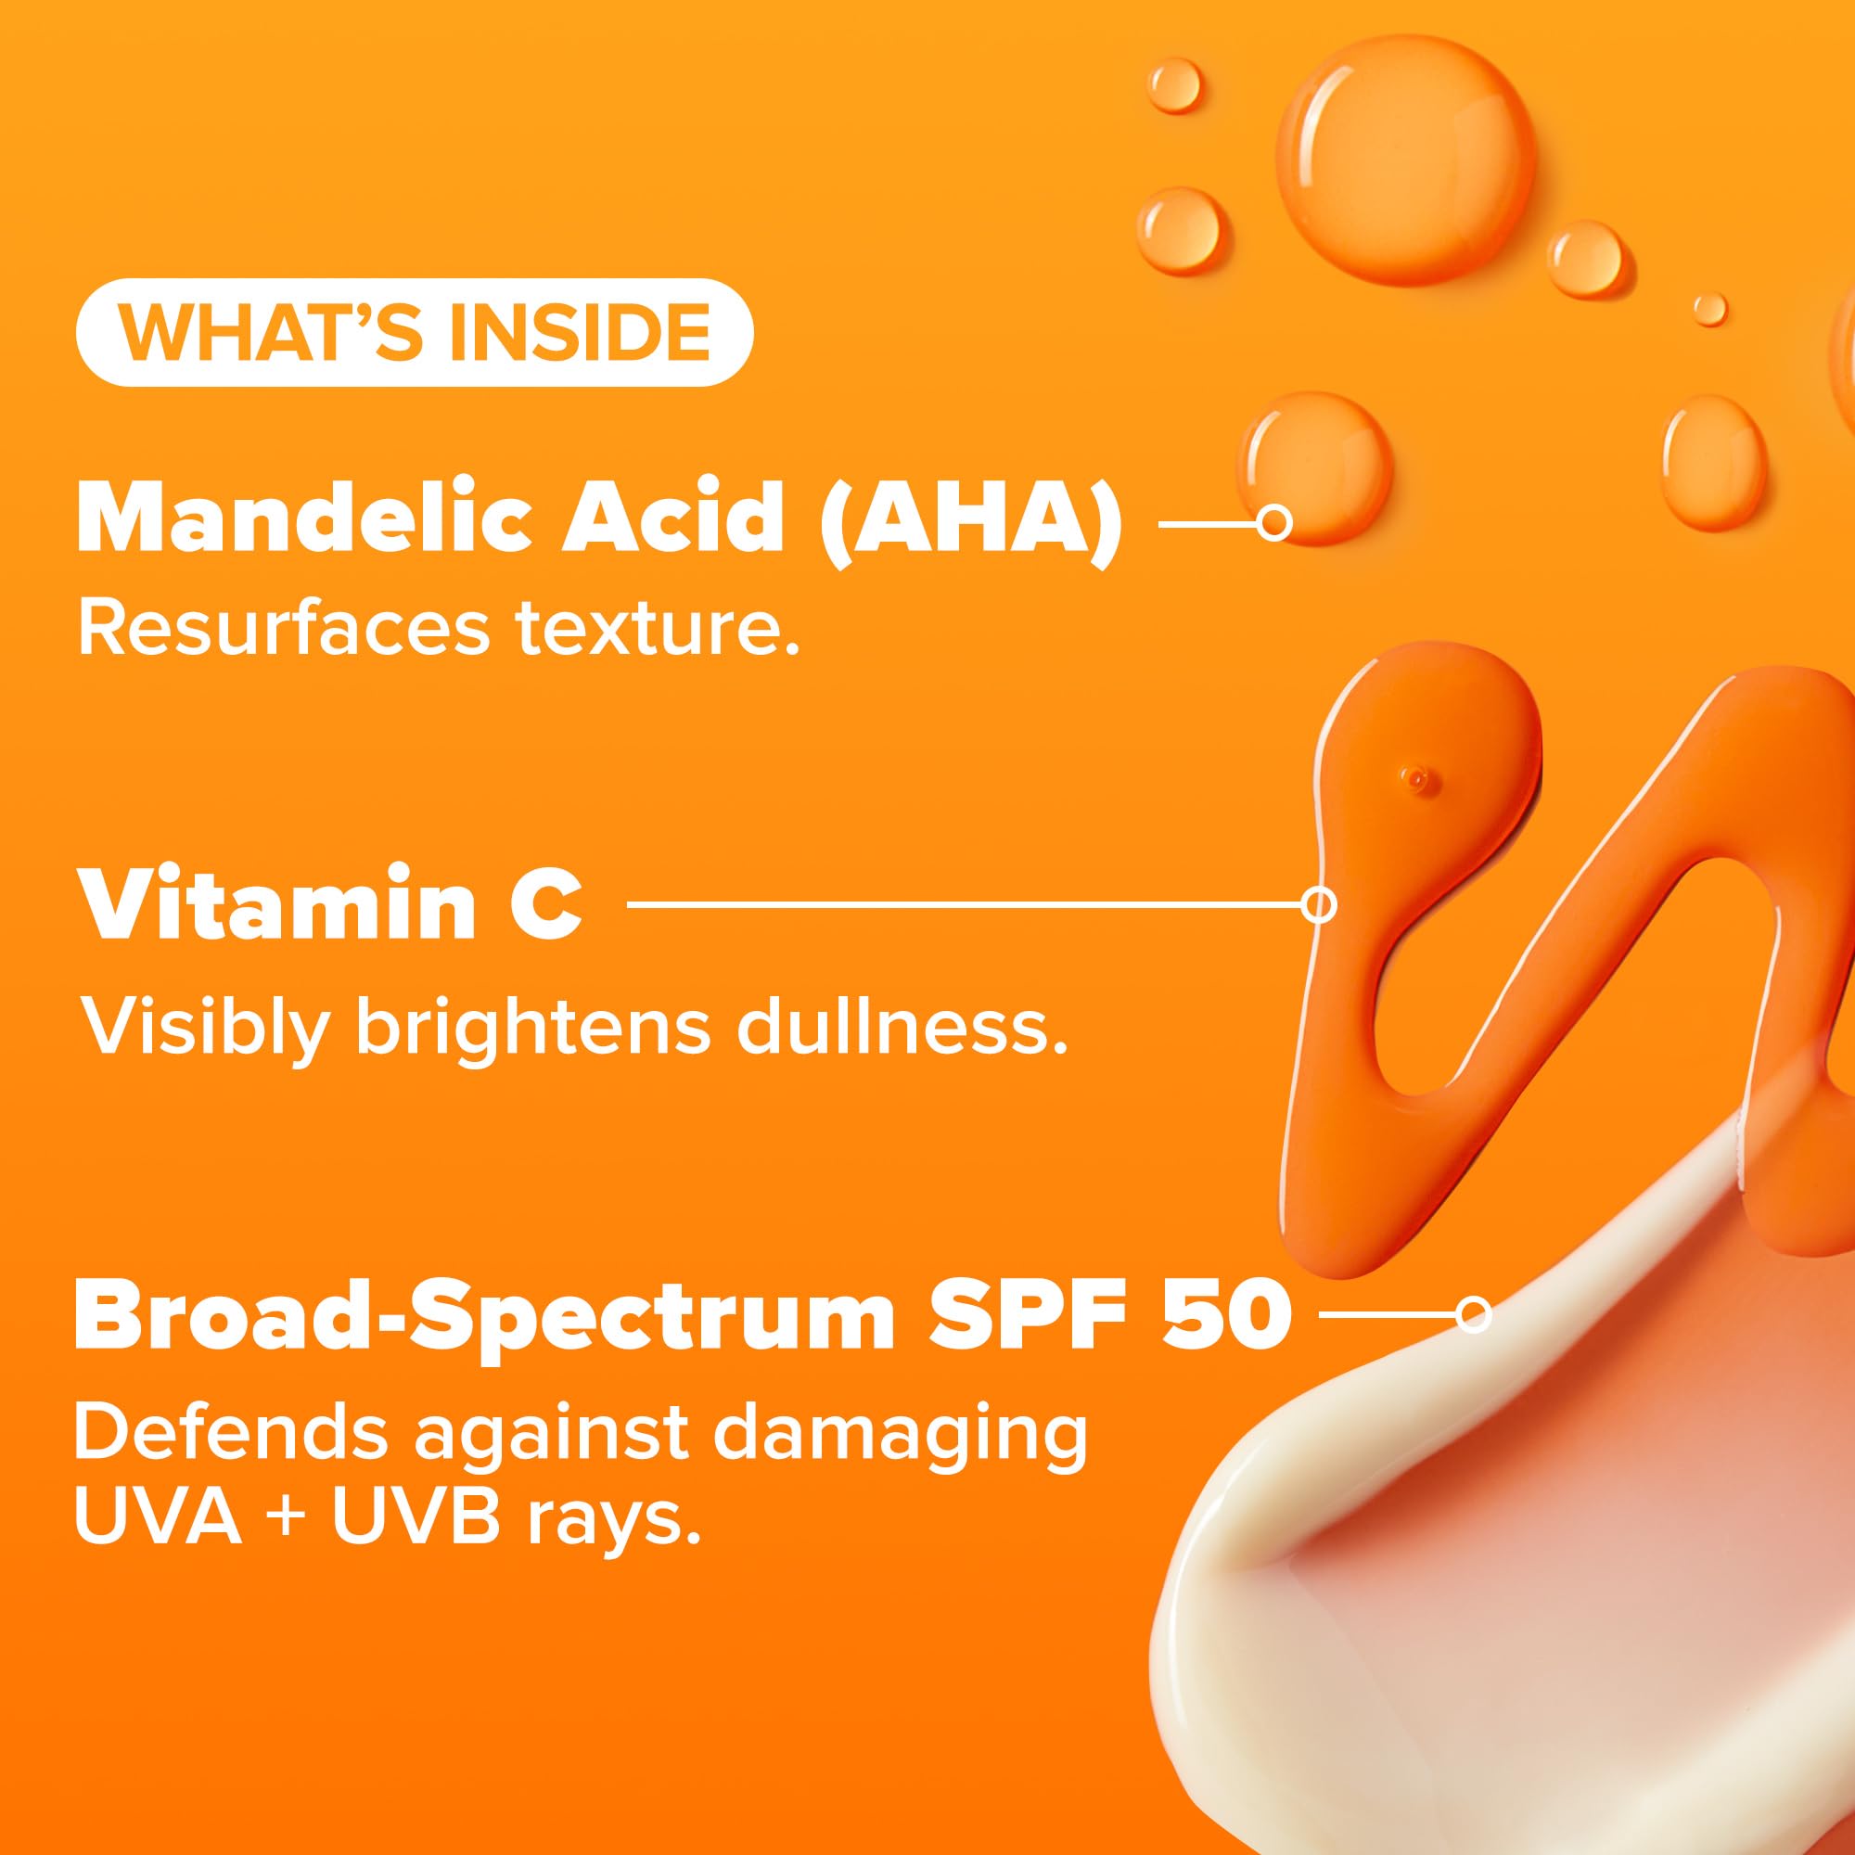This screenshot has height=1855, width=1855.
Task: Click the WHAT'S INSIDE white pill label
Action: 414,332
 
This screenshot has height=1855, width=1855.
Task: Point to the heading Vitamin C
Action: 331,905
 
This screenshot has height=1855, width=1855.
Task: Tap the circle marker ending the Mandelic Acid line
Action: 1273,523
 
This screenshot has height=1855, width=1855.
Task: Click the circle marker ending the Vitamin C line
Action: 1319,904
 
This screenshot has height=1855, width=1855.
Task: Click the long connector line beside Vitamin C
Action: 964,904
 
